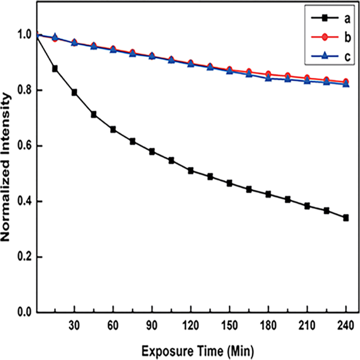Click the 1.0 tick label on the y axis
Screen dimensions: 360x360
pyautogui.click(x=24, y=35)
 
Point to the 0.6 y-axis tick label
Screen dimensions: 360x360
pyautogui.click(x=24, y=146)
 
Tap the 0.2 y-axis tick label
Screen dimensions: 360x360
pyautogui.click(x=24, y=257)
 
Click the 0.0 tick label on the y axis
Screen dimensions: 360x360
pyautogui.click(x=24, y=313)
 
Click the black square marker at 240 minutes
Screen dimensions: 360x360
pyautogui.click(x=346, y=218)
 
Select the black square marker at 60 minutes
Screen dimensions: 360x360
pyautogui.click(x=113, y=129)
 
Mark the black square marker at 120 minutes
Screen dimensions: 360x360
pyautogui.click(x=190, y=171)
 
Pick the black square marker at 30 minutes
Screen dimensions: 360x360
pyautogui.click(x=75, y=92)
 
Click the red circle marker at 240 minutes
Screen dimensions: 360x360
pyautogui.click(x=346, y=82)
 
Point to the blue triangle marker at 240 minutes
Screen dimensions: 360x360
pyautogui.click(x=346, y=84)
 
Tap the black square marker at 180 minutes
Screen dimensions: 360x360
pyautogui.click(x=268, y=194)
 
